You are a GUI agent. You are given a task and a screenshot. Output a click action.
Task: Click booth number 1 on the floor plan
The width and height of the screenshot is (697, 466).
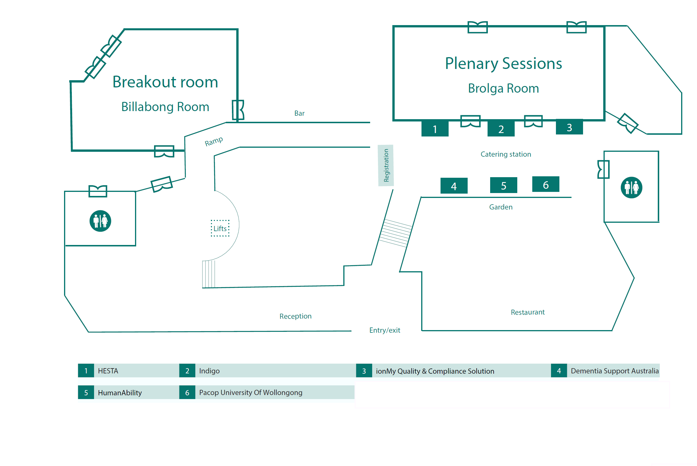[x=435, y=128]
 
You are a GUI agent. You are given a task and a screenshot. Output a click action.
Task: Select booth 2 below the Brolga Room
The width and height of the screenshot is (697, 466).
[x=501, y=128]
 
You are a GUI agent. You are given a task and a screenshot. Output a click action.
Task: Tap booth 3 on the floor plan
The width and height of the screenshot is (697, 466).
[x=569, y=127]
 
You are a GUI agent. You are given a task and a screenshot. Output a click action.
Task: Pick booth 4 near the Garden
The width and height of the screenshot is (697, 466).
[x=454, y=186]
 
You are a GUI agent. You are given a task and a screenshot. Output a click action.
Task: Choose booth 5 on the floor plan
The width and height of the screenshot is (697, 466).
[x=504, y=185]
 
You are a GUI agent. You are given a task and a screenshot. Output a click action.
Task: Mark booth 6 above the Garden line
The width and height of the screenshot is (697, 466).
[x=546, y=184]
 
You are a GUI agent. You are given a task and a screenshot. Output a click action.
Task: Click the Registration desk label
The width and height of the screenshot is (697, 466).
[x=386, y=165]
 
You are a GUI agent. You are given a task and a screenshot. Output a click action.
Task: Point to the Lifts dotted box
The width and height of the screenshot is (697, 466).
[x=220, y=228]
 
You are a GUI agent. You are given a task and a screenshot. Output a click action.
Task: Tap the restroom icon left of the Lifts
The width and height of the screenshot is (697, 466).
[x=100, y=221]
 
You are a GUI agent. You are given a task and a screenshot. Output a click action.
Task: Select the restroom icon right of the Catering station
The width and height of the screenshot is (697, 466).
[x=631, y=188]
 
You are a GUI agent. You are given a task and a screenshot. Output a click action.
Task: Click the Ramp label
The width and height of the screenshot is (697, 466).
[x=213, y=141]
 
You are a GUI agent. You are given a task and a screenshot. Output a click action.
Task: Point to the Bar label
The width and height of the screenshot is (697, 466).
[x=299, y=113]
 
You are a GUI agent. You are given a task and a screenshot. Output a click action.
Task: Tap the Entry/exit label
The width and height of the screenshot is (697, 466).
[x=385, y=330]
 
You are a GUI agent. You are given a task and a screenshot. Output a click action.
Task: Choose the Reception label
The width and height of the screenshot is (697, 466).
[x=295, y=316]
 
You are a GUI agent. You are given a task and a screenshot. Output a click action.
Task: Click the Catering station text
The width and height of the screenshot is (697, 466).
[x=506, y=154]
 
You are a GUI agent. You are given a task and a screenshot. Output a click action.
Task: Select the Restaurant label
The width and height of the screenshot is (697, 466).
[x=528, y=312]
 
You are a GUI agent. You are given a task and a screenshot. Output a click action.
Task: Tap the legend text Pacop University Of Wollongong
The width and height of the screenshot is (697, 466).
[x=251, y=393]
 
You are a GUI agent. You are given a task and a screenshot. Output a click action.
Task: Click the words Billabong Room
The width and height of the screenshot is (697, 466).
[x=165, y=107]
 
